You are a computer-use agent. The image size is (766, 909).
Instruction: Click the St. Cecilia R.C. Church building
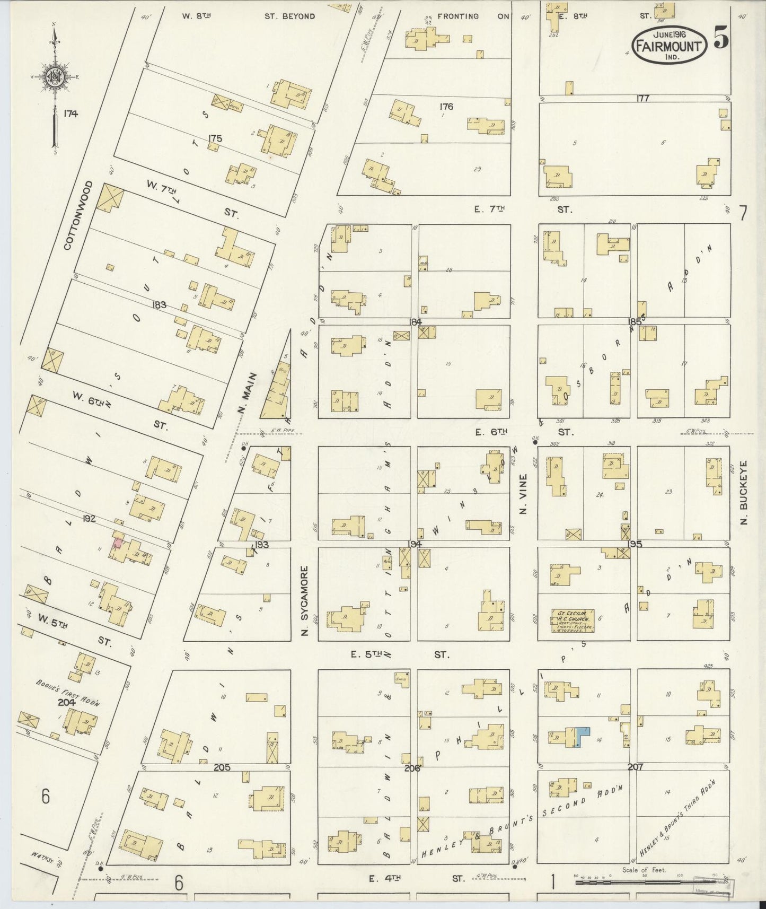[x=572, y=621]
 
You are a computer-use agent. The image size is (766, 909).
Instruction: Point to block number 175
[x=215, y=138]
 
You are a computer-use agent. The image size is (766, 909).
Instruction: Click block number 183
[x=159, y=305]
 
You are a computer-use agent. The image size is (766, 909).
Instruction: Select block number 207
[x=635, y=767]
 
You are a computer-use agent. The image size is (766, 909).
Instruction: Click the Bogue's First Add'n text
[x=68, y=692]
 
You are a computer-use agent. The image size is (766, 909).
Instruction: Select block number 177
[x=643, y=98]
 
